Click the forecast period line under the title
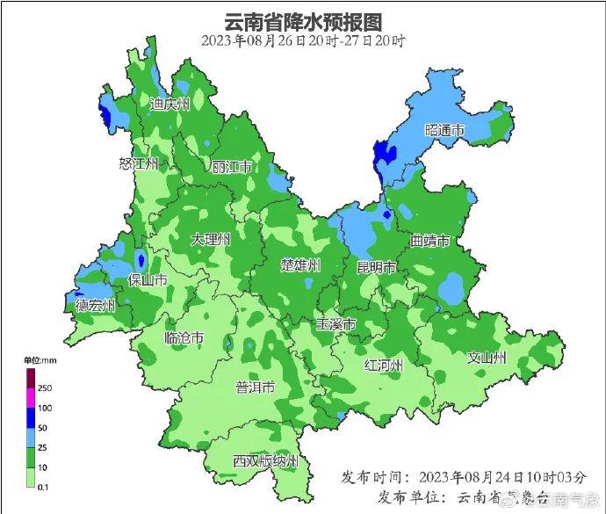(x=303, y=40)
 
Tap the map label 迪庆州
(x=170, y=104)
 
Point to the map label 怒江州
(x=139, y=163)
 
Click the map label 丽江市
(x=232, y=167)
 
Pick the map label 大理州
(x=211, y=239)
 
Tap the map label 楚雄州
(x=300, y=264)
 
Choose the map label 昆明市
(x=377, y=267)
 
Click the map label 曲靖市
(x=429, y=241)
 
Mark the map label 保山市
(x=148, y=280)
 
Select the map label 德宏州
(x=95, y=306)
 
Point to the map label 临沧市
(x=184, y=338)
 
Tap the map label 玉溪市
(x=336, y=324)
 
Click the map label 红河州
(x=384, y=365)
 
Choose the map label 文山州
(x=487, y=358)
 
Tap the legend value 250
(x=45, y=387)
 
